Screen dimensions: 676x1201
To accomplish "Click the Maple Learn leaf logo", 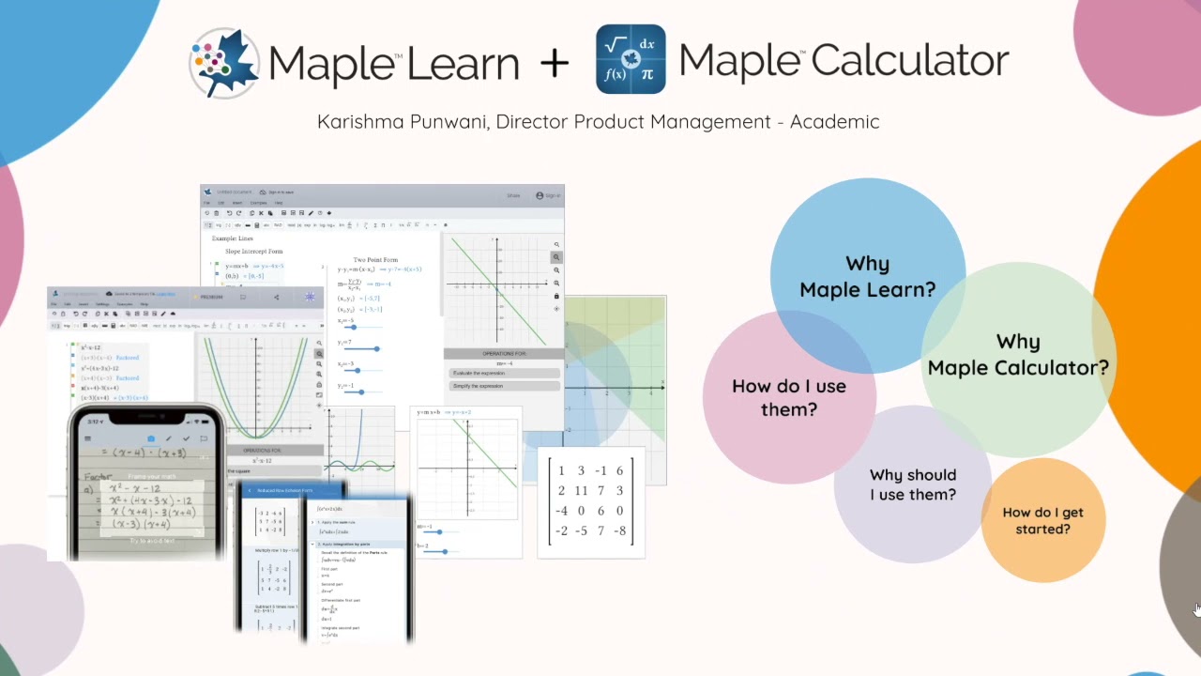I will [224, 63].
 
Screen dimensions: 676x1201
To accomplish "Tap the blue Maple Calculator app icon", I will [631, 59].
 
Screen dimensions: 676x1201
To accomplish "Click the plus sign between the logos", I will [555, 63].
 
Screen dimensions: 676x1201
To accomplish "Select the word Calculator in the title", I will [909, 60].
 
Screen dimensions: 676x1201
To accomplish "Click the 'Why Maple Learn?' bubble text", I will [867, 276].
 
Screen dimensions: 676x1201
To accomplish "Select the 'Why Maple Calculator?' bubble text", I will [1018, 354].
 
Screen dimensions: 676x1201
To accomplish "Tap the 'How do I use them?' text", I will [788, 397].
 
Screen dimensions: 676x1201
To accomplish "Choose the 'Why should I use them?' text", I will [912, 484].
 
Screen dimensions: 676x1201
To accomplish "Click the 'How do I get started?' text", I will [1042, 520].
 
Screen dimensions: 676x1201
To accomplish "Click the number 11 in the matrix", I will [581, 491].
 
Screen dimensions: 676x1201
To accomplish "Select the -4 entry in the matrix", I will [561, 511].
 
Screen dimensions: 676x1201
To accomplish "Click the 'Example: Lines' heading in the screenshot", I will [233, 238].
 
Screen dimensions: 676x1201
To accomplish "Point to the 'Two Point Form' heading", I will [375, 259].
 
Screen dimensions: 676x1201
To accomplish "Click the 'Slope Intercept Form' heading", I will [253, 252].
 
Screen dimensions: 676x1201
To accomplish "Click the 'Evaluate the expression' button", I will [479, 373].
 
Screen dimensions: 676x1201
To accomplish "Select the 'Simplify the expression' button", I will [479, 386].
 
